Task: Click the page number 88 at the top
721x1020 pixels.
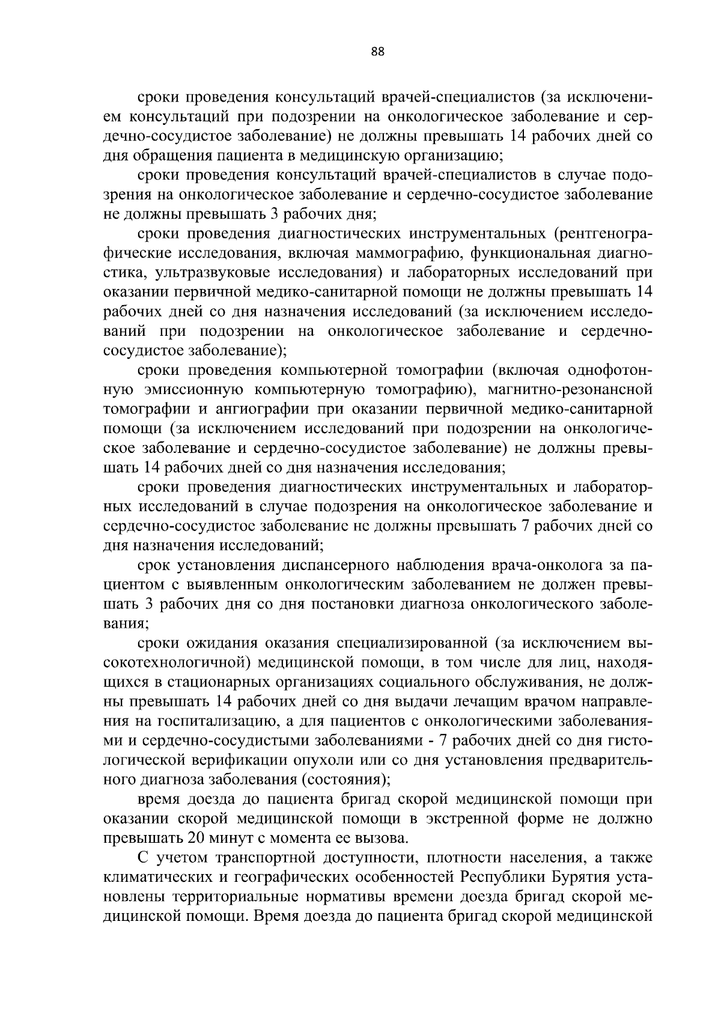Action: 377,52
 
